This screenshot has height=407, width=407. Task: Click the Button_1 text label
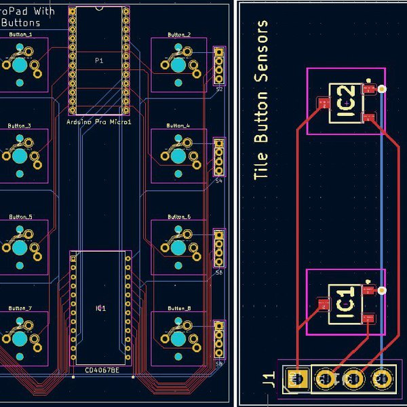pyautogui.click(x=19, y=34)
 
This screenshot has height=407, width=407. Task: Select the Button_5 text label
pyautogui.click(x=19, y=216)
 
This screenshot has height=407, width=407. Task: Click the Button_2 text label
pyautogui.click(x=178, y=34)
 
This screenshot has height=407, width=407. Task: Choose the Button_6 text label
pyautogui.click(x=178, y=216)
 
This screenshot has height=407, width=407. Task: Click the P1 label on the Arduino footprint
pyautogui.click(x=99, y=60)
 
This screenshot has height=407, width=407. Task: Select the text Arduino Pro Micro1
pyautogui.click(x=99, y=121)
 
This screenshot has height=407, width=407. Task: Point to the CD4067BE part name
pyautogui.click(x=101, y=370)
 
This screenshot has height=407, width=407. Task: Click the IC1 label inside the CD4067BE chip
pyautogui.click(x=100, y=308)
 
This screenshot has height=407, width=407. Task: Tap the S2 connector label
pyautogui.click(x=219, y=89)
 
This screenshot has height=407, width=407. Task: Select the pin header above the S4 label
pyautogui.click(x=218, y=157)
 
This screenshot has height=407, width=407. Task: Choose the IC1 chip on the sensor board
pyautogui.click(x=345, y=302)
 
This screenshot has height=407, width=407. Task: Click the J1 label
pyautogui.click(x=270, y=377)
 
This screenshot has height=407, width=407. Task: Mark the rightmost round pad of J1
pyautogui.click(x=382, y=378)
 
